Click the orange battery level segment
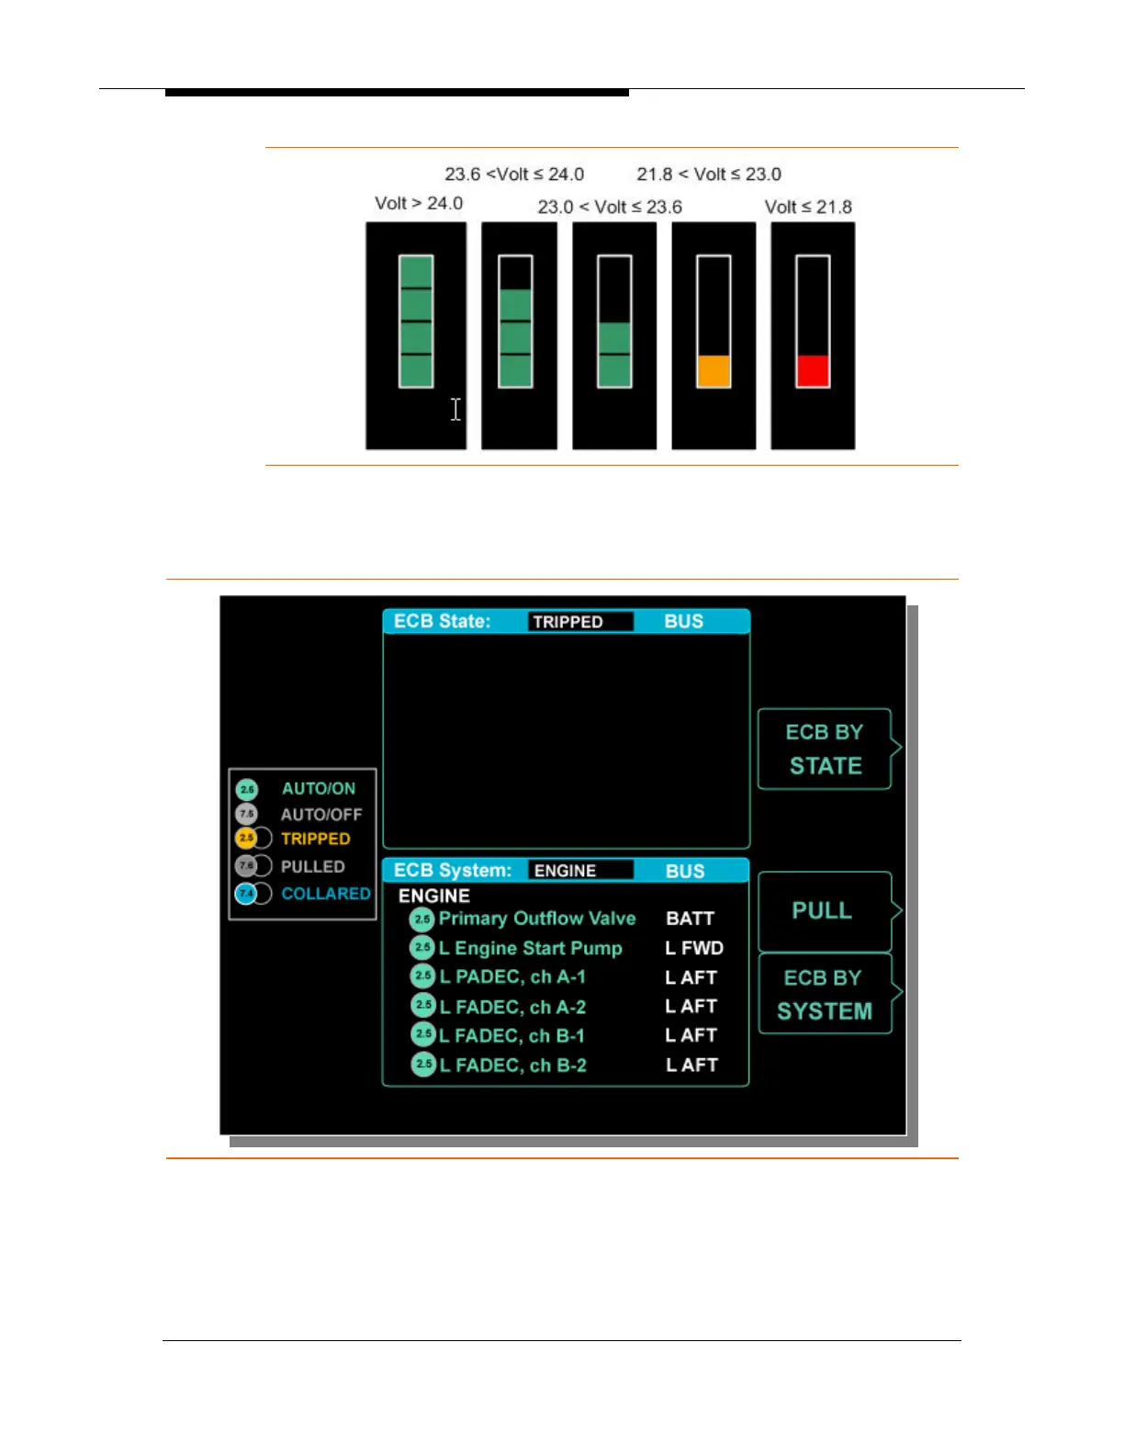[x=714, y=371]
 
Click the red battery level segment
[x=813, y=371]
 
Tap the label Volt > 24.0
[x=419, y=203]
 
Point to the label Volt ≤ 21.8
[x=808, y=207]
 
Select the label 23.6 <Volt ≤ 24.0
[x=514, y=175]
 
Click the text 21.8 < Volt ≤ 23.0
[x=709, y=175]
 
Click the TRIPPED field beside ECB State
[x=580, y=622]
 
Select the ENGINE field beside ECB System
[x=580, y=871]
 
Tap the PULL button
[x=824, y=911]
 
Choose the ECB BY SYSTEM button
[x=824, y=994]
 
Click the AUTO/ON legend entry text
[x=318, y=789]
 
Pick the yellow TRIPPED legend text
[x=315, y=839]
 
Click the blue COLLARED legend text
[x=326, y=894]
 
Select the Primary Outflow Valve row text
[x=537, y=919]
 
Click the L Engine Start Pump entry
[x=531, y=948]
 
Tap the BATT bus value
[x=690, y=919]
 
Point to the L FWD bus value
[x=694, y=948]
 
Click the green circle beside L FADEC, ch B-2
[x=423, y=1065]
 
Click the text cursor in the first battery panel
[x=455, y=410]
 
